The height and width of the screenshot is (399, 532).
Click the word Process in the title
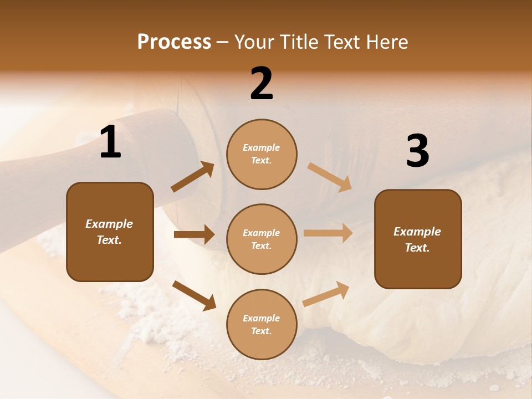pos(174,42)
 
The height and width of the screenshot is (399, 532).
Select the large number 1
pos(110,143)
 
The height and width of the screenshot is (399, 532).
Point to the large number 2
pos(262,84)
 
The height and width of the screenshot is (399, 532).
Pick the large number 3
pos(417,151)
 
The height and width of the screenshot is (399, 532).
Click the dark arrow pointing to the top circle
pos(193,177)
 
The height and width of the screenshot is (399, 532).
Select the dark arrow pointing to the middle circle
pos(194,234)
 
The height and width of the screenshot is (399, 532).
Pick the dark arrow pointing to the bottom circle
pos(195,295)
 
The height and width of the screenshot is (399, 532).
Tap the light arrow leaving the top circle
pos(330,177)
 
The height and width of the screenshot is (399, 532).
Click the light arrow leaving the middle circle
pos(328,233)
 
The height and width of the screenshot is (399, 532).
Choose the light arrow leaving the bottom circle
pos(326,294)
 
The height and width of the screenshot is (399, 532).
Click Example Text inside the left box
pos(109,232)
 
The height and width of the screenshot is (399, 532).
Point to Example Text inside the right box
pos(417,239)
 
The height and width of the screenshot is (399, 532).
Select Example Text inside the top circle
pos(262,154)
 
